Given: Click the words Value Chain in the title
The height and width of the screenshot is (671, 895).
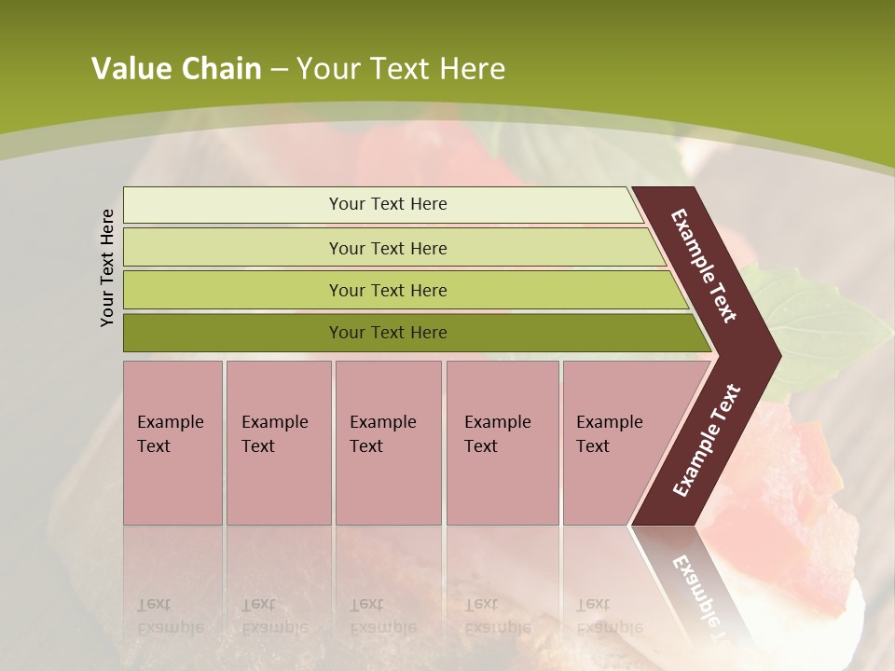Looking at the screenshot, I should (176, 68).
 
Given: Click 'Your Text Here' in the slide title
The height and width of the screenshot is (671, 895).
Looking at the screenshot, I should (401, 68).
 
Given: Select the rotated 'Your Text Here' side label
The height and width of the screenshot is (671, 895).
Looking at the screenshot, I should (107, 267).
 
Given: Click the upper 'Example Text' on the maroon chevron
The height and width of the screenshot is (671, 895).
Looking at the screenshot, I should (704, 266).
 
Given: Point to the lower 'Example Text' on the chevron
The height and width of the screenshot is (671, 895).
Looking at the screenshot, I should (707, 441).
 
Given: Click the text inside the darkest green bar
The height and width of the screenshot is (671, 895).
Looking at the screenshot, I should (388, 333).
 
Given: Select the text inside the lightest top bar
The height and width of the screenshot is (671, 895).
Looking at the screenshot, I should (388, 204).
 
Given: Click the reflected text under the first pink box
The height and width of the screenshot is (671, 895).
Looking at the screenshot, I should (170, 616).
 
